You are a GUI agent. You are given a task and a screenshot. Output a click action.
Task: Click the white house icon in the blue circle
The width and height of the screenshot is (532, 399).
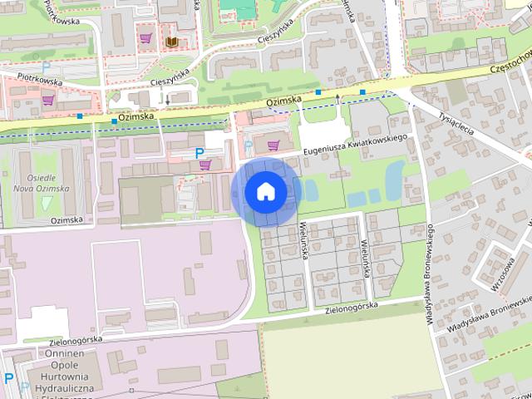pyautogui.click(x=266, y=191)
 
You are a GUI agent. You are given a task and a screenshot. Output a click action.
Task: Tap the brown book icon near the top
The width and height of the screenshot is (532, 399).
pyautogui.click(x=171, y=41)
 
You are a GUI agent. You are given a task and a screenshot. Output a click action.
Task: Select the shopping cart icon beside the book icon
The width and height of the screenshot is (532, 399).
pyautogui.click(x=146, y=38)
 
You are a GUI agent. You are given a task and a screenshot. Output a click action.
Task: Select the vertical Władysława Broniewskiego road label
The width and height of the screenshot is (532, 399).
pyautogui.click(x=430, y=274)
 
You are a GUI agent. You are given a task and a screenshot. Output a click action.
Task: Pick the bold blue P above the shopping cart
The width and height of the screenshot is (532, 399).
pyautogui.click(x=199, y=152)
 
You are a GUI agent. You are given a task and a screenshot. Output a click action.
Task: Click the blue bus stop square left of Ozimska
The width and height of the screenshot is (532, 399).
pyautogui.click(x=114, y=122)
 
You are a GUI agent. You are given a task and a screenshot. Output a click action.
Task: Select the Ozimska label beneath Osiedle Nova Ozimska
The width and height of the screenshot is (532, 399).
pyautogui.click(x=66, y=220)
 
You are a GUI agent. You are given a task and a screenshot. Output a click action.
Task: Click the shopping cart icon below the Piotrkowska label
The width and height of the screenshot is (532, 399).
pyautogui.click(x=48, y=101)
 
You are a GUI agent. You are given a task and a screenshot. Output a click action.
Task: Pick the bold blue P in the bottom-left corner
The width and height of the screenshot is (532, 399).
pyautogui.click(x=8, y=378)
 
